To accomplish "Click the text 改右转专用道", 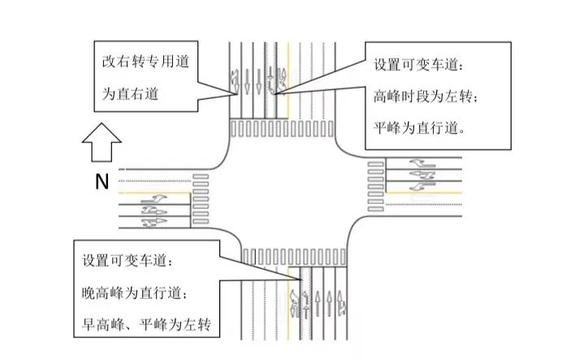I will (145, 60).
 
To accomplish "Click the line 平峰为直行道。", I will (418, 128).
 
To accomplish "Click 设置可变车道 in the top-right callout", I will (421, 63).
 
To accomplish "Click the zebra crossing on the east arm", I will (375, 186).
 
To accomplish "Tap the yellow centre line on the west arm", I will (154, 192).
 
